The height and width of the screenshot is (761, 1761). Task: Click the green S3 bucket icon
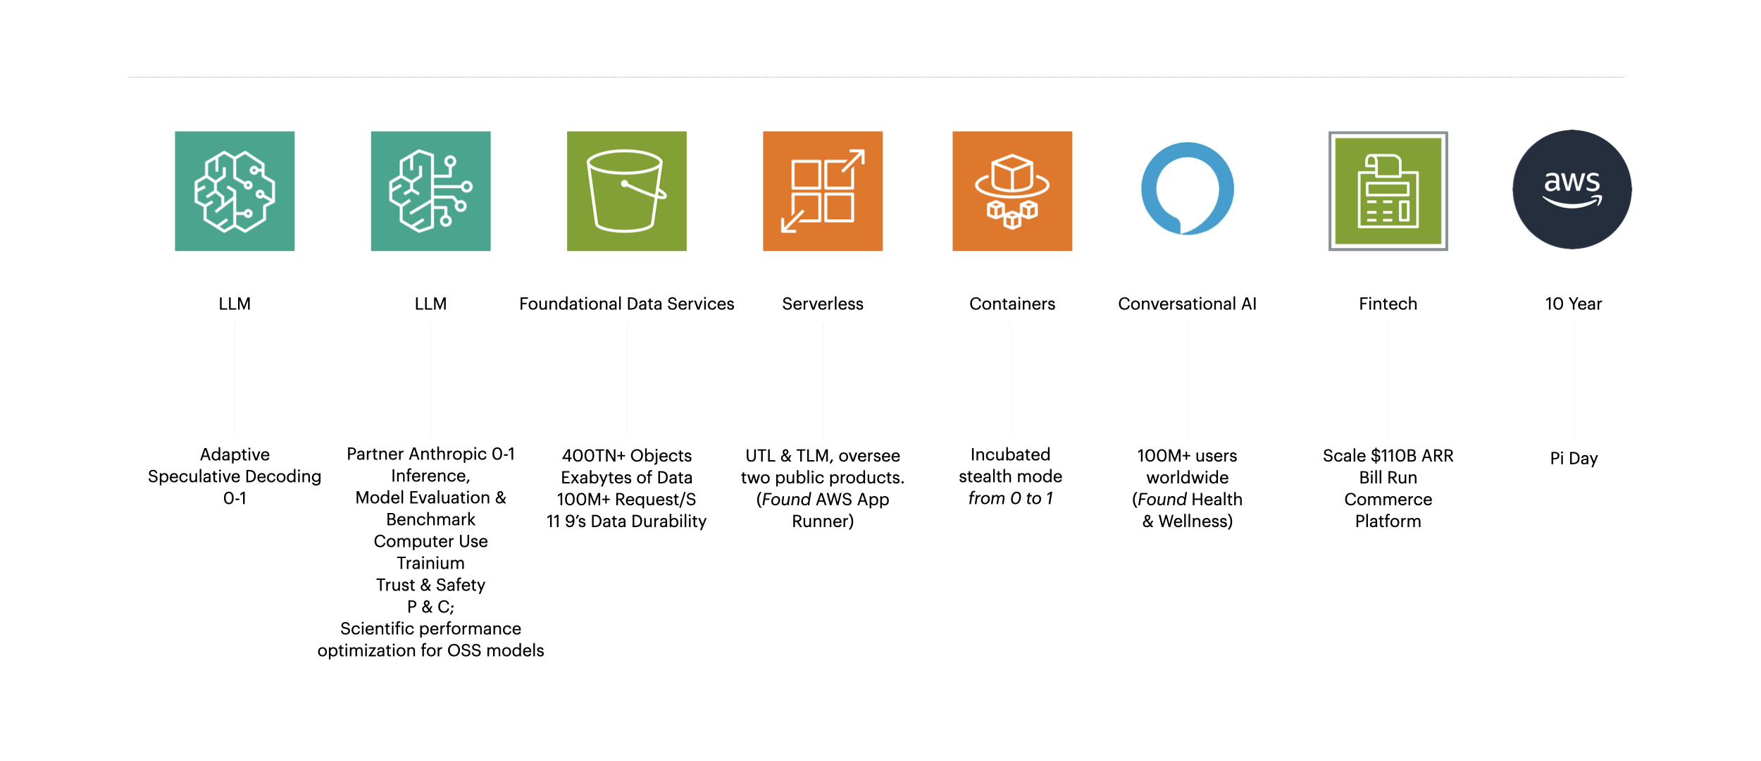626,191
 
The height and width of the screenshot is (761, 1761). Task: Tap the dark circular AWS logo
1572,190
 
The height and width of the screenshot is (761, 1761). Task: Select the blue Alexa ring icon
1188,189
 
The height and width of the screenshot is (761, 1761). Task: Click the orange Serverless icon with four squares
823,191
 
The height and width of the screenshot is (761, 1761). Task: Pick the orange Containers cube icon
1012,191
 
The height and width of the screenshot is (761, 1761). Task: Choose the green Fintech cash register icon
1388,191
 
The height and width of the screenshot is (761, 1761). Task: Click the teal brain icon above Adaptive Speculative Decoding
235,191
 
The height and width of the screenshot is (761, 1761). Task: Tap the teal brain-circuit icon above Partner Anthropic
430,191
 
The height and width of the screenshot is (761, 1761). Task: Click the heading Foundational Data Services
626,304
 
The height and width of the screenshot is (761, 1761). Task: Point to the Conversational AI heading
1187,304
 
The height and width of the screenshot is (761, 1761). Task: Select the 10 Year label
1573,304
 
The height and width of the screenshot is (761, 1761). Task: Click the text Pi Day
1574,459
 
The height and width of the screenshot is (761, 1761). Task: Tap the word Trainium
430,563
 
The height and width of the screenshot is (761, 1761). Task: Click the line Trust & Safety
430,585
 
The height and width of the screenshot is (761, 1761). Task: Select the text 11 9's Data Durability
626,521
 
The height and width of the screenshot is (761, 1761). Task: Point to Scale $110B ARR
1388,456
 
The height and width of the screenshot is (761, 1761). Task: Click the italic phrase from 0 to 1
1010,498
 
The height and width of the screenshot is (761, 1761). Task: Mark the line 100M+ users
1187,456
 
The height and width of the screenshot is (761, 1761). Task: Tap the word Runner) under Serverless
823,521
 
